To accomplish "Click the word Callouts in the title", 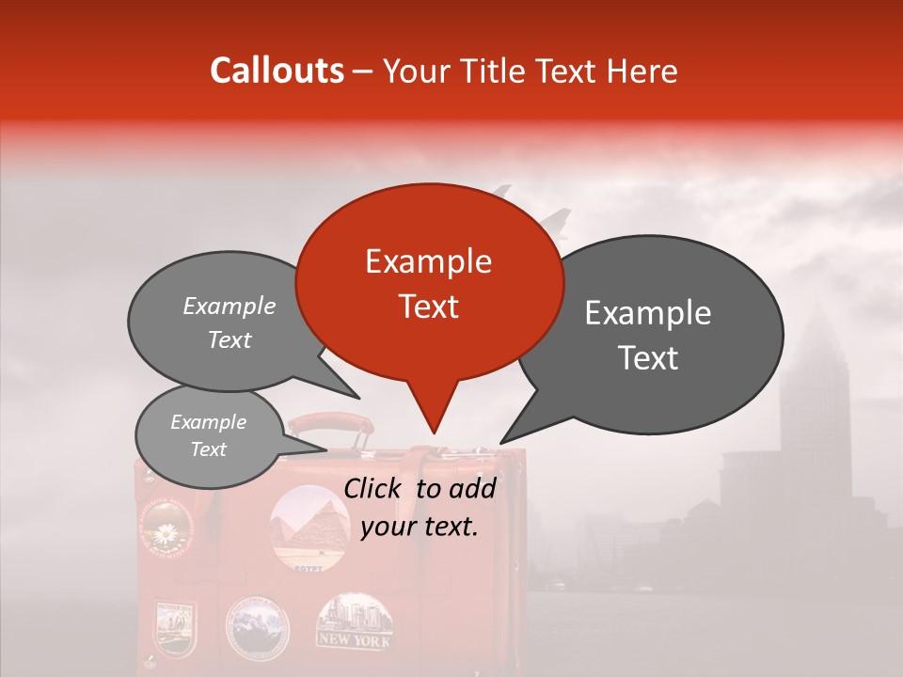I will (277, 71).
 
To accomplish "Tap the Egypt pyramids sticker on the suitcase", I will (306, 527).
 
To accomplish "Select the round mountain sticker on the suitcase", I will (257, 625).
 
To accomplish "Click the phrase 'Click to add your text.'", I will (420, 508).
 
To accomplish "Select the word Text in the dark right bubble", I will (648, 358).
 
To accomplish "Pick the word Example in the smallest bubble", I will (208, 422).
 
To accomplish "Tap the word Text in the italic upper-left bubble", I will (230, 340).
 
